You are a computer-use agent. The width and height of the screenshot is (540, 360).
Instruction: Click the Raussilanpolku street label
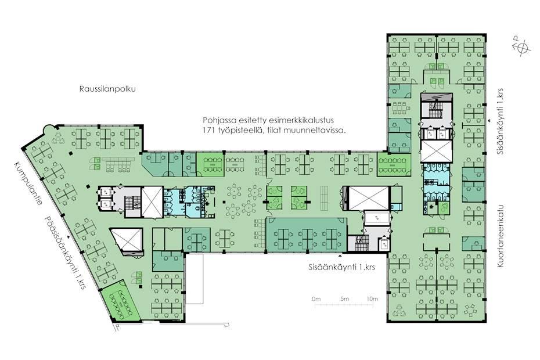tap(107, 88)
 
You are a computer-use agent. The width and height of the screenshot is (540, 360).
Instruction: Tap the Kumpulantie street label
tap(28, 183)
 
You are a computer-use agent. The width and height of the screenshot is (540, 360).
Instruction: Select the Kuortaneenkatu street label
tap(501, 236)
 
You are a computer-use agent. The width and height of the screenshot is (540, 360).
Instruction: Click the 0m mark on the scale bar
tap(316, 298)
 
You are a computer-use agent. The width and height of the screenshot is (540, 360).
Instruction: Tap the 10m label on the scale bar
tap(372, 298)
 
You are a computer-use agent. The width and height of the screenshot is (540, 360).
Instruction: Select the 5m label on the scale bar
tap(345, 298)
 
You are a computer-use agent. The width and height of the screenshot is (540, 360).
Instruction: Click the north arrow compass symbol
tap(521, 46)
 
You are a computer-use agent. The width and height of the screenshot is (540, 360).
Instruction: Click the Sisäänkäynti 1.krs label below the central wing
tap(341, 267)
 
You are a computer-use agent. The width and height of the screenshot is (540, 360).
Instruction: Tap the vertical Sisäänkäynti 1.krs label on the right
tap(501, 121)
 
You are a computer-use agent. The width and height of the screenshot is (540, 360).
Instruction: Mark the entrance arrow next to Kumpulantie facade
tap(69, 237)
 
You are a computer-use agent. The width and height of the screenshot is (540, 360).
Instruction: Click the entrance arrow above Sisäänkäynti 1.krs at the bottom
tap(340, 256)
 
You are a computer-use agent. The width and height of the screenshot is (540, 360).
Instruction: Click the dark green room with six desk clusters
tap(306, 234)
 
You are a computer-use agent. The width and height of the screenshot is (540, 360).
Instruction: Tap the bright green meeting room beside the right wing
tap(394, 165)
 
